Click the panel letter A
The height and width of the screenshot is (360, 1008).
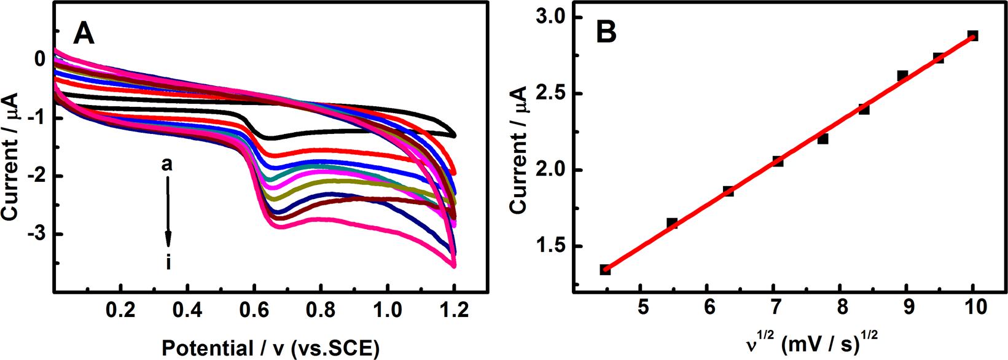pos(84,33)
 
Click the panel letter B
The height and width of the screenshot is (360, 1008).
pos(606,33)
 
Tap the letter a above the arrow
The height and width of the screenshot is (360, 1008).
pos(167,165)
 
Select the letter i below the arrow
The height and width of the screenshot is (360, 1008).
pos(168,263)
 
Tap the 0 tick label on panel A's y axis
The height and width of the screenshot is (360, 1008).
pos(40,60)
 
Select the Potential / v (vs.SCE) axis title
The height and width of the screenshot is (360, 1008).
pos(271,348)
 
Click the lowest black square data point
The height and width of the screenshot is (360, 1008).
pos(605,270)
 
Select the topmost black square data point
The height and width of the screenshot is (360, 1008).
pos(972,36)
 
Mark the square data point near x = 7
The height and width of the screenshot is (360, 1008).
pos(778,162)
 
